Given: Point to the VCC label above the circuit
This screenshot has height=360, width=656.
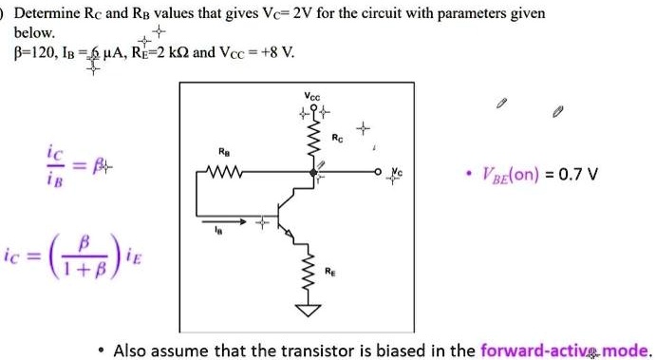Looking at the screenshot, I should (x=312, y=96).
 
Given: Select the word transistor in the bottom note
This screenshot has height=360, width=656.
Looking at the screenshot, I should (x=298, y=349).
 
